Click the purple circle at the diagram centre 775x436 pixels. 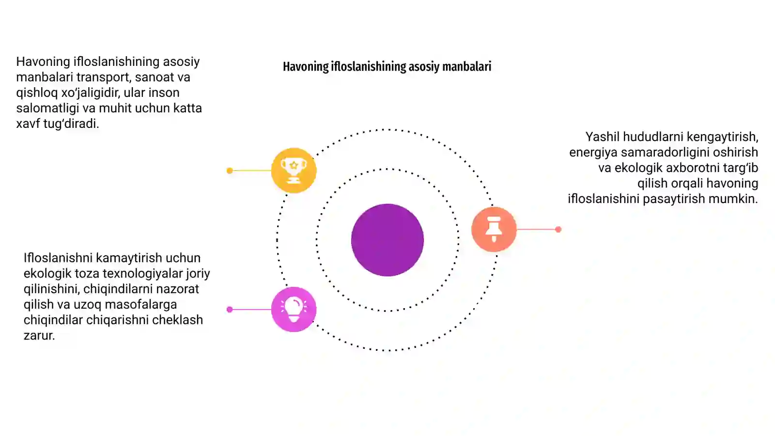pyautogui.click(x=387, y=240)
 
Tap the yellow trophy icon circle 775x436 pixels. pyautogui.click(x=294, y=170)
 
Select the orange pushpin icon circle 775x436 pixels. pyautogui.click(x=494, y=229)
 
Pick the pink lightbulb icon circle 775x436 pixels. pyautogui.click(x=294, y=310)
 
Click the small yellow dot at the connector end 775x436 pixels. pyautogui.click(x=230, y=171)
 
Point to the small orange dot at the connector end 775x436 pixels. pyautogui.click(x=558, y=229)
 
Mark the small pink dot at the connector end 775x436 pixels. pyautogui.click(x=230, y=310)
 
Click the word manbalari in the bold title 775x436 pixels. pyautogui.click(x=467, y=66)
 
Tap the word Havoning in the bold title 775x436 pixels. pyautogui.click(x=306, y=66)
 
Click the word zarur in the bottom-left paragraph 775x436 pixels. pyautogui.click(x=39, y=336)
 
